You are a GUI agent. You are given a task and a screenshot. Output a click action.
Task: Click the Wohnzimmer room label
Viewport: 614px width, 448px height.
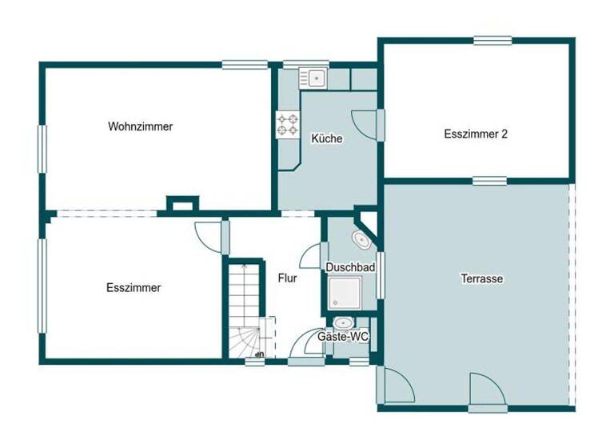[x=141, y=126]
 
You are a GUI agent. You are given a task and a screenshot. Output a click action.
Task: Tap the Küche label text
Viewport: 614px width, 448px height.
[x=327, y=138]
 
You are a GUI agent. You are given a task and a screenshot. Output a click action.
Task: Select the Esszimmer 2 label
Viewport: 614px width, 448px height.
[x=476, y=134]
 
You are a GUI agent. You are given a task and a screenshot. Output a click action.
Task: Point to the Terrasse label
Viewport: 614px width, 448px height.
[x=481, y=279]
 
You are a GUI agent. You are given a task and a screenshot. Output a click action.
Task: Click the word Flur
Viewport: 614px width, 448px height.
[x=288, y=278]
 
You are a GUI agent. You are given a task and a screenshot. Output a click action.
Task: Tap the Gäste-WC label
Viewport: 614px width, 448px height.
[x=343, y=338]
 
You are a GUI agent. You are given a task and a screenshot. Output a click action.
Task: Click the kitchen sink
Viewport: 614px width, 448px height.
[x=313, y=78]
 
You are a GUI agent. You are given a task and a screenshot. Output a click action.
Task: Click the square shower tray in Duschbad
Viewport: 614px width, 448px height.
[x=345, y=293]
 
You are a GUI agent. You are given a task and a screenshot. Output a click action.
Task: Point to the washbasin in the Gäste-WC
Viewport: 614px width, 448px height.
[x=342, y=324]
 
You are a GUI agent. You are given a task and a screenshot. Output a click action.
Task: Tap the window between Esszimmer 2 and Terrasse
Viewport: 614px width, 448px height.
[x=488, y=181]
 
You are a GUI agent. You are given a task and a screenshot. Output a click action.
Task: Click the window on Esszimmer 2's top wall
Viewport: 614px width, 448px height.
[x=492, y=39]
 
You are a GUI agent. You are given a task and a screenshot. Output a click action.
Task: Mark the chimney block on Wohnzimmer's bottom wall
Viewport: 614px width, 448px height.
[x=179, y=206]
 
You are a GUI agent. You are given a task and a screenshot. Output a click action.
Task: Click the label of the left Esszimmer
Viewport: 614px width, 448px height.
[x=134, y=288]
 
